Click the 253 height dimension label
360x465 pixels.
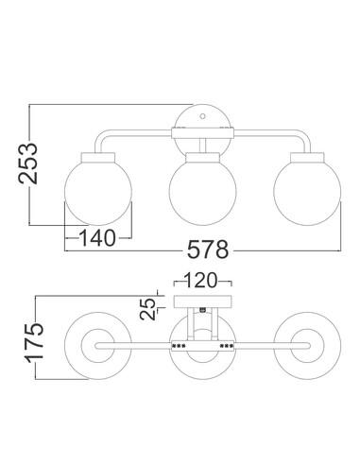click(27, 164)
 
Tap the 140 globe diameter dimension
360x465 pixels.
click(97, 238)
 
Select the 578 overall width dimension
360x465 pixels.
click(208, 250)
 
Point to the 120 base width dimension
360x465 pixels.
click(201, 280)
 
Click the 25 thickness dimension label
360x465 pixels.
click(147, 309)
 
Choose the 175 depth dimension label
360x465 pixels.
click(35, 342)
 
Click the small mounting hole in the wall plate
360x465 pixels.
click(203, 115)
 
